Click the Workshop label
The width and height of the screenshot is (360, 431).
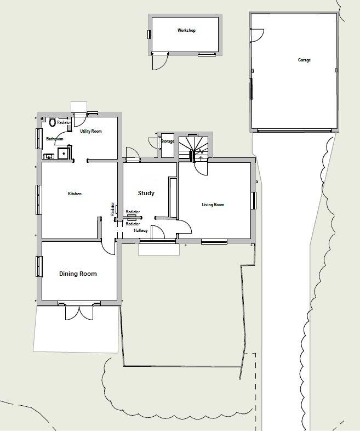(186, 31)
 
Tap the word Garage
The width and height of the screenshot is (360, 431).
(304, 60)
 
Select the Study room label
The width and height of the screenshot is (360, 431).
(146, 193)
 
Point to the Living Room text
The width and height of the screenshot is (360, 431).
(213, 205)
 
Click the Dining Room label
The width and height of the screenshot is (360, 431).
(78, 274)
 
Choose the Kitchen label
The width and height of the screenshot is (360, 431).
(75, 194)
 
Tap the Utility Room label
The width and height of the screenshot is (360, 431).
(91, 132)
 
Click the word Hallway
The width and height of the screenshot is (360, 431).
(141, 231)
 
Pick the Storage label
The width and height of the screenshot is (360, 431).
(167, 141)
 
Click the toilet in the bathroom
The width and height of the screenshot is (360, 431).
(53, 122)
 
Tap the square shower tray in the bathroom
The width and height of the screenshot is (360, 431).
(64, 153)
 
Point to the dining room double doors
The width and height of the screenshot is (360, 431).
(80, 311)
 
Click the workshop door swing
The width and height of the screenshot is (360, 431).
(158, 62)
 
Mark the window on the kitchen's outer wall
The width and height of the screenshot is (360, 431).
(39, 199)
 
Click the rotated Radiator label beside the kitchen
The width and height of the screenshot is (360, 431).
(113, 209)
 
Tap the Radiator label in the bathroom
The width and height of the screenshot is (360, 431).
(64, 123)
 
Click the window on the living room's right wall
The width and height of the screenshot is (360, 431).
(254, 200)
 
